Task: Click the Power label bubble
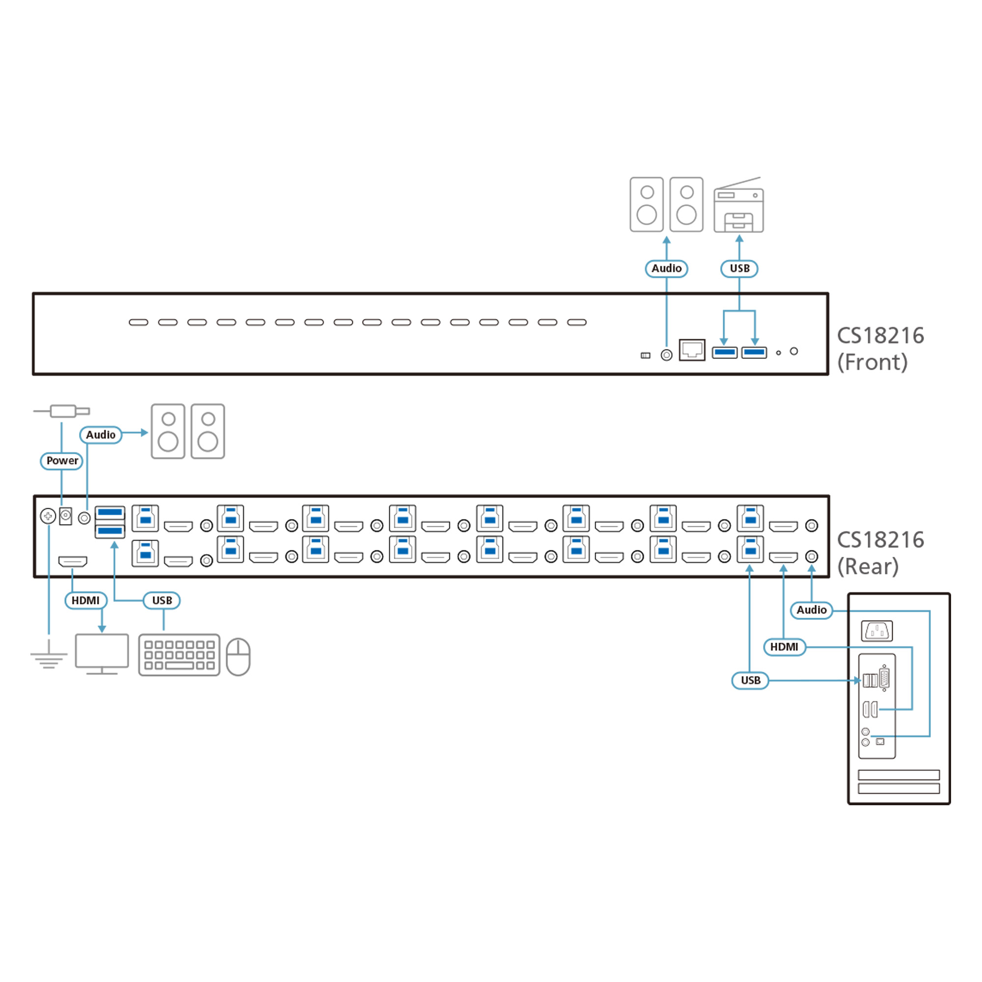[61, 461]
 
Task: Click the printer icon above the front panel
[738, 205]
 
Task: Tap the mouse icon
[238, 656]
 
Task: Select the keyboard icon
[179, 655]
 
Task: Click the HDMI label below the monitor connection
[85, 600]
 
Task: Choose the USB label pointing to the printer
[739, 269]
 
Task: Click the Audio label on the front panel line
[666, 269]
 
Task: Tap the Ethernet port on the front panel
[692, 350]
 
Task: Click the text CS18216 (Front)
[880, 349]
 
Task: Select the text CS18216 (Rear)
[880, 553]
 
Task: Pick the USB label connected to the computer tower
[750, 680]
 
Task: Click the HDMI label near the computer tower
[784, 647]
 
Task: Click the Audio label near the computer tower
[811, 610]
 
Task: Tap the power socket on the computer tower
[877, 631]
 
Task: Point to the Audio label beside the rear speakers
[101, 435]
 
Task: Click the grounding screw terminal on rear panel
[48, 517]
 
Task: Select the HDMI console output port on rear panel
[73, 561]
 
